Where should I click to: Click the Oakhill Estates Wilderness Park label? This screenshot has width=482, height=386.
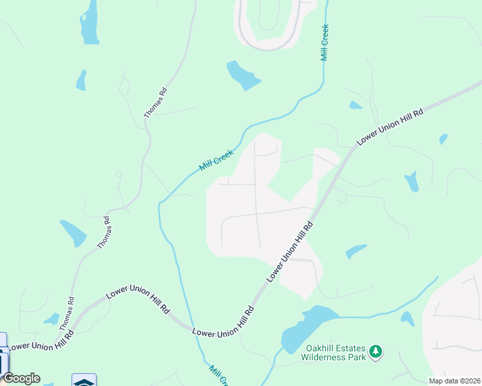pos(335,352)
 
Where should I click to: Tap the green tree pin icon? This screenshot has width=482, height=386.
pos(375,352)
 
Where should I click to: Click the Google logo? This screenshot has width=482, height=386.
pos(21,378)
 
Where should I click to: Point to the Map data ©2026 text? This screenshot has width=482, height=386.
pos(454,381)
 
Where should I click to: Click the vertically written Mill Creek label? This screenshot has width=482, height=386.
pos(325,42)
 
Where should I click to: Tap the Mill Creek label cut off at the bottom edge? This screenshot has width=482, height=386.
pos(218,375)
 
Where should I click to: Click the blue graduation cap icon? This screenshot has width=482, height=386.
pos(84,381)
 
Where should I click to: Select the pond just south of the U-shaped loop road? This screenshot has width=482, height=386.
pos(242,76)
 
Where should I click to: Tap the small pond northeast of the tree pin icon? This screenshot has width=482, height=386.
pos(407,318)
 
